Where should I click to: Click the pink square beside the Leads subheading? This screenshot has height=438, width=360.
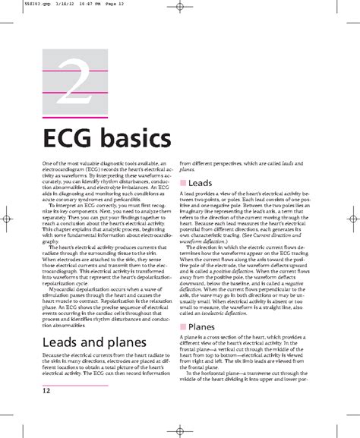(182, 184)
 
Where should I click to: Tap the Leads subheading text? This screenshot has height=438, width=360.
(201, 184)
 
